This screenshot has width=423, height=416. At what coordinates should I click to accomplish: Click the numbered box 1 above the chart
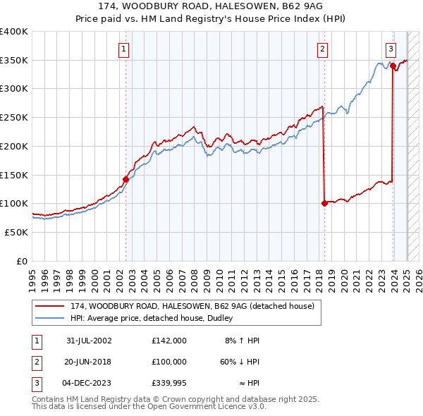(123, 49)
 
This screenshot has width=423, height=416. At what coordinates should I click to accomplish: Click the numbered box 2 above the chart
(322, 49)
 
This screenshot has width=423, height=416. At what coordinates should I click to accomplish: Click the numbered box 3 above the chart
(390, 49)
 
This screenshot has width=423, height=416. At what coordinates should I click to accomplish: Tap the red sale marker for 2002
(126, 179)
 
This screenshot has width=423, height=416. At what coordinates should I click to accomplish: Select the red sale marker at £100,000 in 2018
(324, 203)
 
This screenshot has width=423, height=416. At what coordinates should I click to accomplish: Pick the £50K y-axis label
(17, 232)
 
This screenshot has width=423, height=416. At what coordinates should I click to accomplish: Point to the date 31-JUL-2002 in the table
(89, 341)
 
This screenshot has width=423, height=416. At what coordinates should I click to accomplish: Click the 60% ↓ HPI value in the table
(240, 362)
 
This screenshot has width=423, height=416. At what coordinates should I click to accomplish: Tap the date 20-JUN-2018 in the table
(89, 362)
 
